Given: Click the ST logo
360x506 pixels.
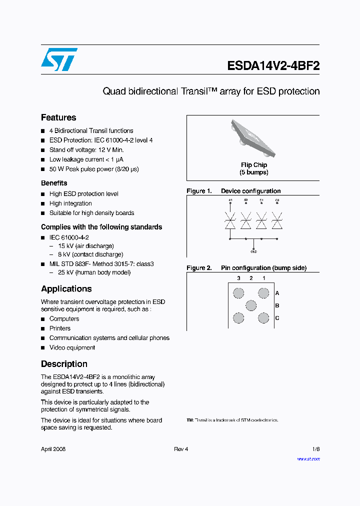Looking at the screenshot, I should pos(59,59).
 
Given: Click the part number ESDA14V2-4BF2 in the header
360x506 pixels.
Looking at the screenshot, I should pos(273,66).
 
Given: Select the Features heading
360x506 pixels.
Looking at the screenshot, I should pos(58,117).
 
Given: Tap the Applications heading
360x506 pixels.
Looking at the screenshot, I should pos(66,289).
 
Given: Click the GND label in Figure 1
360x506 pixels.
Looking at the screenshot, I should pos(253,251).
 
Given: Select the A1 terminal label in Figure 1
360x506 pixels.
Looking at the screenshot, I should pos(230,200).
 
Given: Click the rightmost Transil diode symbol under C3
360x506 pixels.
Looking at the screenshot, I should pos(277,220).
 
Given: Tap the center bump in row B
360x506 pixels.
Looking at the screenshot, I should pos(251,305).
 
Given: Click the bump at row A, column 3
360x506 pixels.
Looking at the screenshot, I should pos(239,293).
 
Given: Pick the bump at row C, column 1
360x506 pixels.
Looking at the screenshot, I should pos(263,318).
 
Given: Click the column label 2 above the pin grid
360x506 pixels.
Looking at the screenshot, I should pos(251,278).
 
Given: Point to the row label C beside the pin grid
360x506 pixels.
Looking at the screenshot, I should pos(277,318).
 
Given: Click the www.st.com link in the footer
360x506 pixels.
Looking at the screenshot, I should pos(308,459).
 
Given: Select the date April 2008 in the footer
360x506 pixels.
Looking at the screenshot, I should pos(53,449).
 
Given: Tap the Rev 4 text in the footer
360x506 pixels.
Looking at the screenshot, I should pos(181,449).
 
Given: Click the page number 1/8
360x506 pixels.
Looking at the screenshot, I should pos(316,449).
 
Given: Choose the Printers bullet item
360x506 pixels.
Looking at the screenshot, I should pos(60,328).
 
